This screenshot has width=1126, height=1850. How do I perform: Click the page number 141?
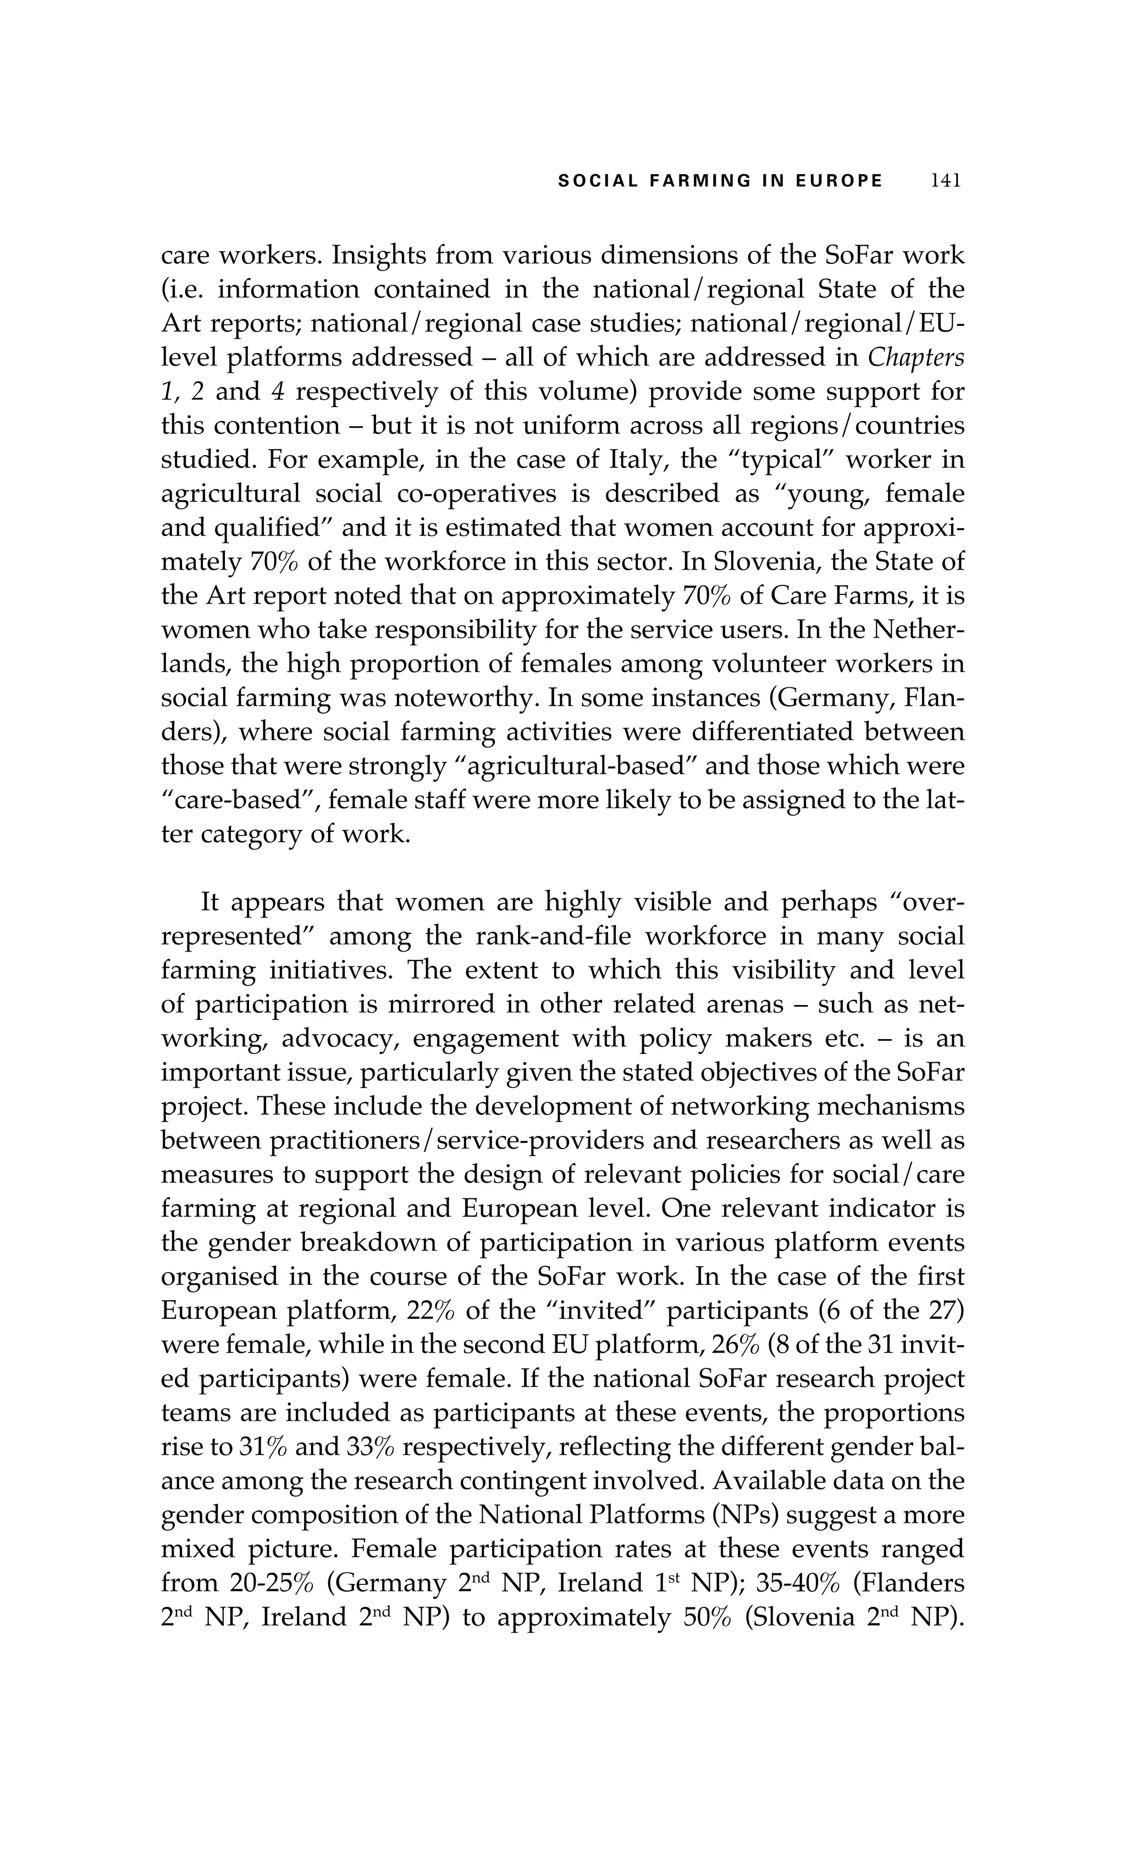[x=946, y=181]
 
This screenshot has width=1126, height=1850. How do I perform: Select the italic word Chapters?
[x=916, y=357]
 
